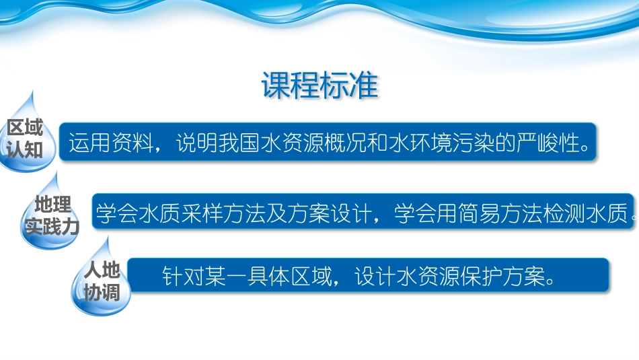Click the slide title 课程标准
[319, 86]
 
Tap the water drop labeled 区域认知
[25, 138]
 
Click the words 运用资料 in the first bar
[107, 143]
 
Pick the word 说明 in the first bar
[196, 143]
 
